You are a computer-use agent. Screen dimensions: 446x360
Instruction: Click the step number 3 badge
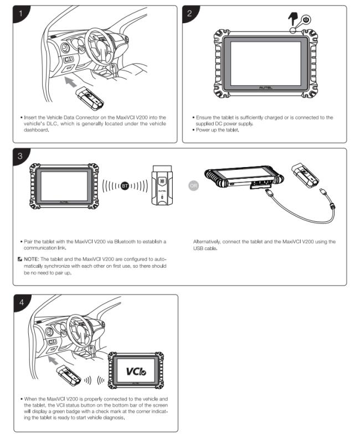20,155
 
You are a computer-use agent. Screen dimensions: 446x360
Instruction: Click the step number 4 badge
20,302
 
